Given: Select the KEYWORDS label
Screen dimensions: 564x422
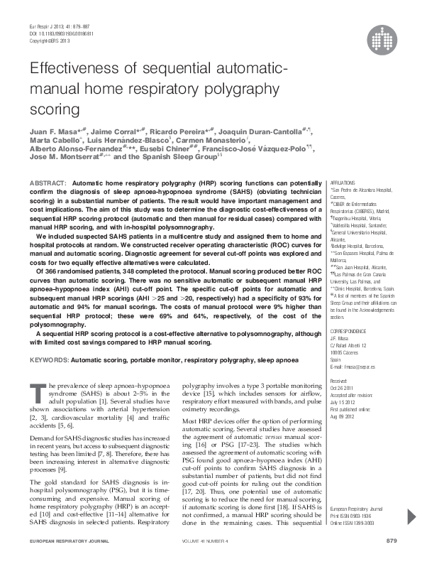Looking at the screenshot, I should coord(49,360).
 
